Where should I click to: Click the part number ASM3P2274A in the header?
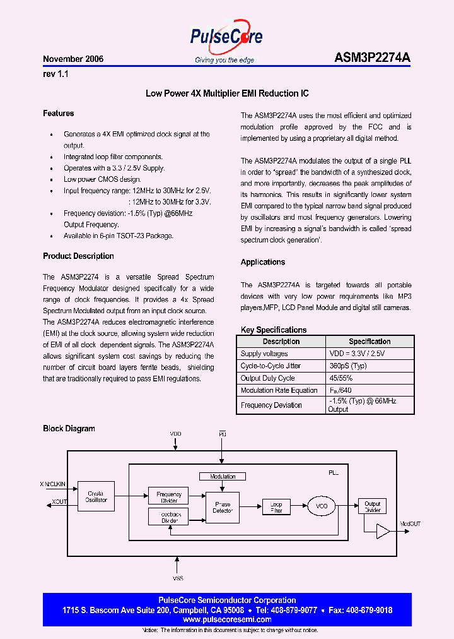click(x=372, y=58)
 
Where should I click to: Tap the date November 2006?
click(x=73, y=59)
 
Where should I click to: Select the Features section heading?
click(x=59, y=114)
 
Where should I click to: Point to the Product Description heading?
click(x=78, y=256)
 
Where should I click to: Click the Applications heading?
click(x=263, y=262)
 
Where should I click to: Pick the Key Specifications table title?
click(x=274, y=330)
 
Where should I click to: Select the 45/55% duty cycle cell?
click(x=342, y=378)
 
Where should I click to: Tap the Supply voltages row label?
click(x=264, y=354)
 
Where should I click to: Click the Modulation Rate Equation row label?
click(x=279, y=390)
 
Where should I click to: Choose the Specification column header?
click(x=370, y=342)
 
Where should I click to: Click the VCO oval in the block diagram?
click(x=322, y=506)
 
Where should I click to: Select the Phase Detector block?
click(x=222, y=507)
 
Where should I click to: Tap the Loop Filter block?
click(x=276, y=506)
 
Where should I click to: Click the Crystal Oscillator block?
click(x=96, y=497)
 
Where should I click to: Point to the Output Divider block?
click(x=373, y=506)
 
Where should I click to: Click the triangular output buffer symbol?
click(x=383, y=532)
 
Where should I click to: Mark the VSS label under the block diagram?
click(x=178, y=578)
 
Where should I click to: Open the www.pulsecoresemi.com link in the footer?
click(x=226, y=619)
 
